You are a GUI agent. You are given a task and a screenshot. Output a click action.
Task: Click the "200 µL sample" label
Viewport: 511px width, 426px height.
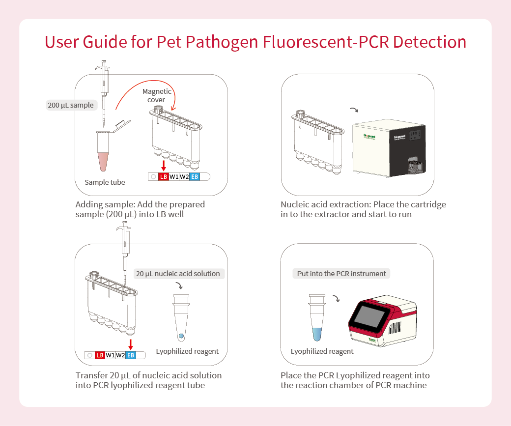70,105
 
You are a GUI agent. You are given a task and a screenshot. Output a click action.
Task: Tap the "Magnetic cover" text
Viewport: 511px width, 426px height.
157,95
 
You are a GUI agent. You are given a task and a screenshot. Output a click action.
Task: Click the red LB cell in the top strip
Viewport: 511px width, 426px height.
164,177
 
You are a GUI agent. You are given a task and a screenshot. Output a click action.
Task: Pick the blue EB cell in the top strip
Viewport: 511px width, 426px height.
195,177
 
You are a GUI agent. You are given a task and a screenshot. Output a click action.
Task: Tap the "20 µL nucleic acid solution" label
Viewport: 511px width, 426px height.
178,274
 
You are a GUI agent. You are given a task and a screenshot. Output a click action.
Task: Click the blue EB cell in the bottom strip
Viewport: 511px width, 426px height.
131,355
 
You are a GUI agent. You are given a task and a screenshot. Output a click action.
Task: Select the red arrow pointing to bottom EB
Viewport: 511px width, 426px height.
131,344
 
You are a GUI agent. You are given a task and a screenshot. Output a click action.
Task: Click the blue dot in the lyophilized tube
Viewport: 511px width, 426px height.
181,336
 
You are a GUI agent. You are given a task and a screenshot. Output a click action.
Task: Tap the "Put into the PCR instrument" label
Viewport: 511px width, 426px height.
341,274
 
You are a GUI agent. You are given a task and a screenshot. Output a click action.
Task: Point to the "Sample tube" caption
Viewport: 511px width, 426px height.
105,182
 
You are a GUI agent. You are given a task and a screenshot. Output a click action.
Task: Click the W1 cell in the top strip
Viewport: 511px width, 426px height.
174,177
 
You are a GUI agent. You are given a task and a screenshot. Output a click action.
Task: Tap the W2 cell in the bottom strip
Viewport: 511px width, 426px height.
120,355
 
